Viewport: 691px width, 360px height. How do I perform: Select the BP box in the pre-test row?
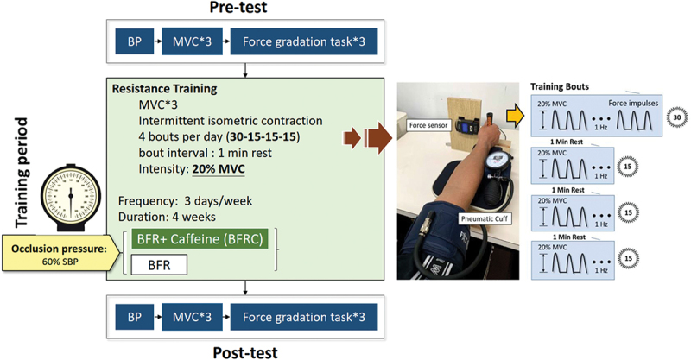[x=135, y=41]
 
